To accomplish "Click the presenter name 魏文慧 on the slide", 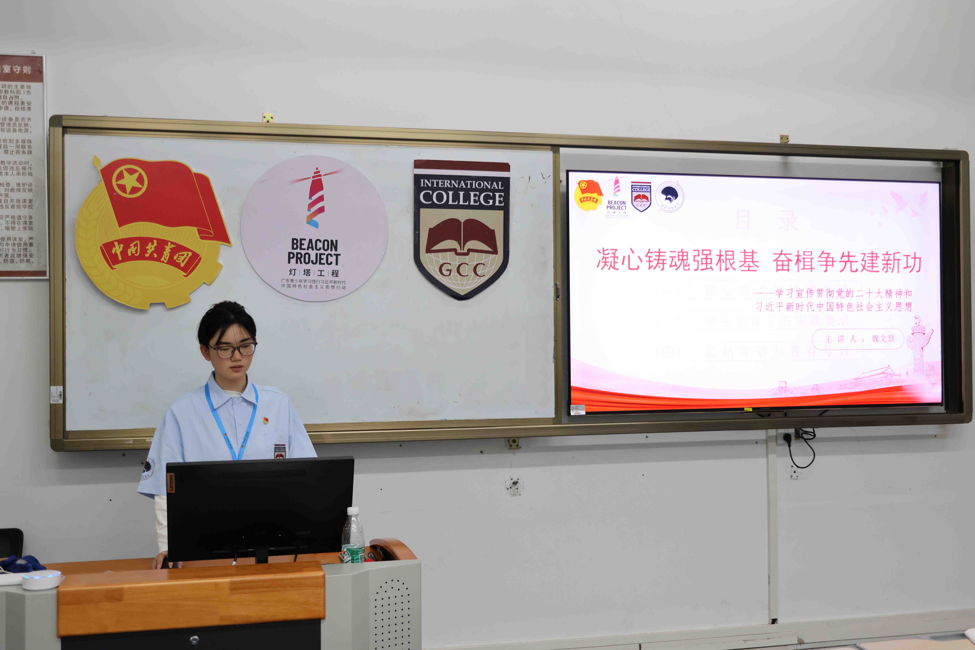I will (883, 338).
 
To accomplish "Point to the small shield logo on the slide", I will (641, 197).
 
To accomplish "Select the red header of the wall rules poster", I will (21, 69).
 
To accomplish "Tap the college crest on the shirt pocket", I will (280, 451).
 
